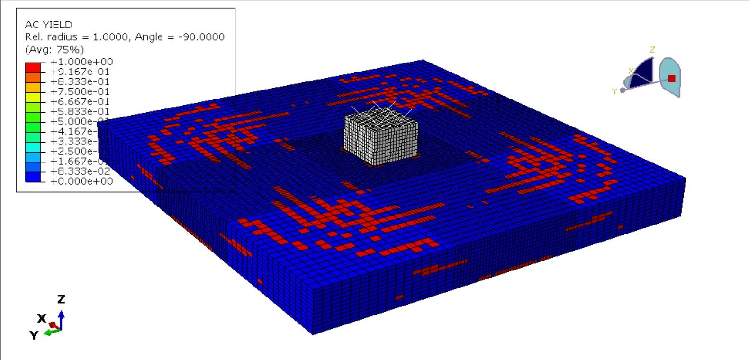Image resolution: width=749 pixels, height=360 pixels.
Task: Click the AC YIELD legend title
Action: tap(48, 25)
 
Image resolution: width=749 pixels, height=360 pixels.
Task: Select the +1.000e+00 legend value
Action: tap(81, 62)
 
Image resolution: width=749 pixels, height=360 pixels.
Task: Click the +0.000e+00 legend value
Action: tap(81, 181)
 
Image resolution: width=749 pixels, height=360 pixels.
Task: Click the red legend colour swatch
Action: tap(33, 66)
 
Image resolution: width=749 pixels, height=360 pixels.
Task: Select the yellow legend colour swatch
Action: tap(33, 96)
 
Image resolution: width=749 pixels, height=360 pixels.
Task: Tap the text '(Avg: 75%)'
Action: tap(54, 49)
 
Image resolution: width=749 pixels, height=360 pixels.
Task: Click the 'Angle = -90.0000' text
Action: tap(180, 37)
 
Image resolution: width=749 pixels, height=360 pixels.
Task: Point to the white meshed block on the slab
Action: tap(381, 139)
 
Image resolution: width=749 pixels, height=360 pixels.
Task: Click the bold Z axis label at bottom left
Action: tap(61, 299)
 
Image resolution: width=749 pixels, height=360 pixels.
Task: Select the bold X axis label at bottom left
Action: tap(42, 318)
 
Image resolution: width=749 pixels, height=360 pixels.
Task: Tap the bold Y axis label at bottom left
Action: tap(33, 335)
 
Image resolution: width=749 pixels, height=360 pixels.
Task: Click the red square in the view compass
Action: tap(671, 79)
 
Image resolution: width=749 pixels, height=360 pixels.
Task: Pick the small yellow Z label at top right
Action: tap(652, 50)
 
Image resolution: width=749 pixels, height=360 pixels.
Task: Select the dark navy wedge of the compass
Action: tap(643, 73)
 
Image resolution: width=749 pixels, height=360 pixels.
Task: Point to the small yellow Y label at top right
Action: tap(614, 91)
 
